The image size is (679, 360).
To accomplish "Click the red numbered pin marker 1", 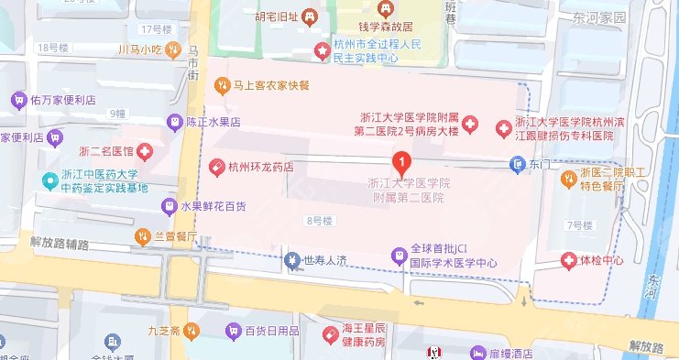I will tap(400, 162).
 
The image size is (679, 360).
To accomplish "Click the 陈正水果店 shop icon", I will tap(174, 121).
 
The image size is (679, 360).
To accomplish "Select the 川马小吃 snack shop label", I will tap(140, 49).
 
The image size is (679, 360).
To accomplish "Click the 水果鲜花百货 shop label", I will tap(213, 207).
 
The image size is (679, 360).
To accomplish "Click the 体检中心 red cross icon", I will tap(569, 261).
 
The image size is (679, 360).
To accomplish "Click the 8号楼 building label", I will tap(318, 221).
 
